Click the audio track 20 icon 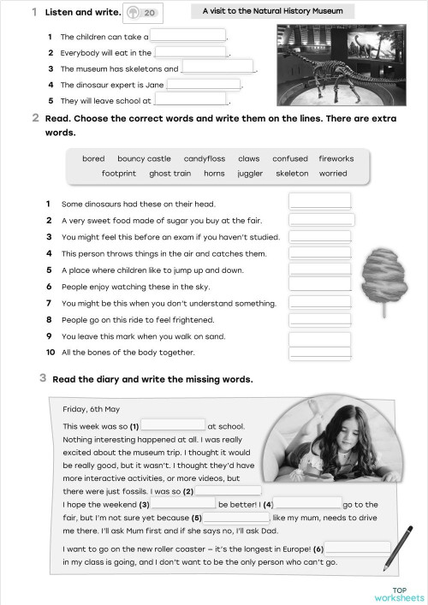point(142,13)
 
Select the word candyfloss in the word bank point(204,158)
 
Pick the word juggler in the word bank point(251,173)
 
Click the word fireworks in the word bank point(336,158)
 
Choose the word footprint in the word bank point(118,173)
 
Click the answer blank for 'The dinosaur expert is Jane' point(204,85)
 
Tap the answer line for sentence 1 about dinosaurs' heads point(320,201)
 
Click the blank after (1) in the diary point(173,424)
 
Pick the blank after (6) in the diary point(358,548)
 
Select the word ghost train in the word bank point(170,173)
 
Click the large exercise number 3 point(43,377)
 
